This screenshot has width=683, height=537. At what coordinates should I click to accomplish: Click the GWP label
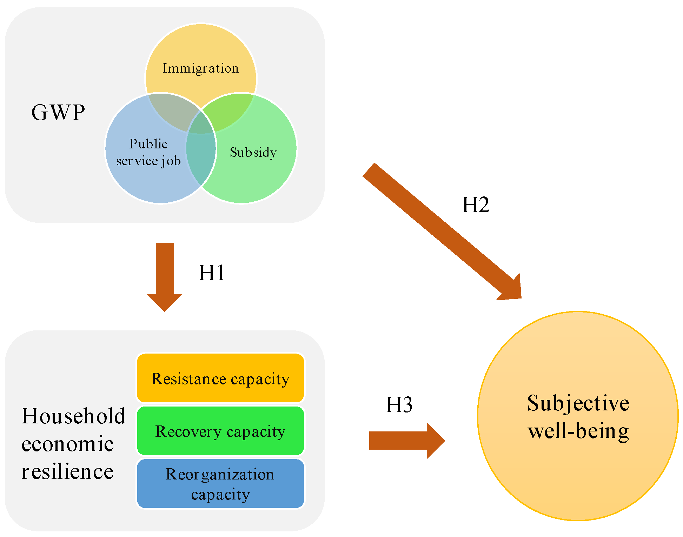point(58,113)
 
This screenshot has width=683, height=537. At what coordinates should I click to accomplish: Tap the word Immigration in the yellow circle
point(200,68)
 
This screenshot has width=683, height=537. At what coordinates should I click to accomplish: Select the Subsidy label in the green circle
point(253,152)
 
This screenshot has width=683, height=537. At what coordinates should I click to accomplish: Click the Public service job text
point(148,152)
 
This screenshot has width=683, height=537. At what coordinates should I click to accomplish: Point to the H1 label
point(211,273)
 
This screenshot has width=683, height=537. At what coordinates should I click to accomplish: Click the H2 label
point(475,205)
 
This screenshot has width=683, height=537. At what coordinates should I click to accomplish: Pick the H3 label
point(399,405)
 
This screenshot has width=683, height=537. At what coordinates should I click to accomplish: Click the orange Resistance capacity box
point(220,378)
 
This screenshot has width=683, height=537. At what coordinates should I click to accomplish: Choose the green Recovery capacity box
point(220,431)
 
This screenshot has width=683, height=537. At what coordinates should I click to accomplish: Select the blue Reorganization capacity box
point(220,484)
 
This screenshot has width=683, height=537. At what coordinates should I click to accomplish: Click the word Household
point(73,416)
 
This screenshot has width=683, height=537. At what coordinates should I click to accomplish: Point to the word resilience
point(67,472)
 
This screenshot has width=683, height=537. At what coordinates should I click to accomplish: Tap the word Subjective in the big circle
point(578,403)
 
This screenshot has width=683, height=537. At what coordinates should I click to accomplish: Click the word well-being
point(578,431)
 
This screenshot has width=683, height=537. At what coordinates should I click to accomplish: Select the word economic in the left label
point(67,444)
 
